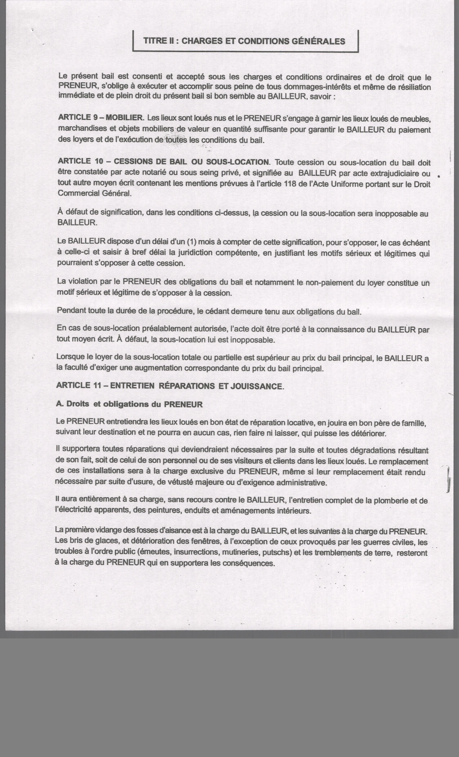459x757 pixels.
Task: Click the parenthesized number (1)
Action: coord(191,242)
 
